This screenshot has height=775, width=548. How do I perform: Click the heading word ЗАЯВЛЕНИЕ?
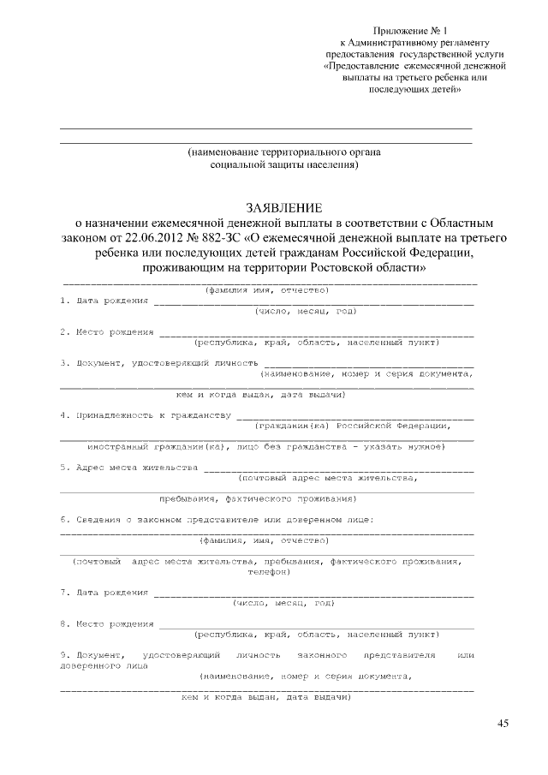point(284,208)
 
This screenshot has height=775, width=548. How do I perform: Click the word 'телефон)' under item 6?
point(269,571)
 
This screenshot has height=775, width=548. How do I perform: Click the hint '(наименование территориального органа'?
point(284,152)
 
